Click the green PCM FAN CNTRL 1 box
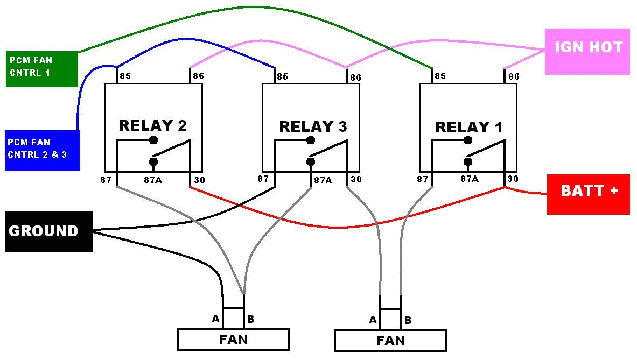point(41,68)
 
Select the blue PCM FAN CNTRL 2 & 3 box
point(42,150)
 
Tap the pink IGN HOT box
point(587,51)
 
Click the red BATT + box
point(589,194)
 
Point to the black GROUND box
point(48,231)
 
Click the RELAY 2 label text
point(152,125)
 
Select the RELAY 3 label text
point(312,127)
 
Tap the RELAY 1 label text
point(468,128)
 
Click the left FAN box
point(233,340)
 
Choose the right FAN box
point(390,341)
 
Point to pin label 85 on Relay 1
point(440,76)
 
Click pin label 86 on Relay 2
point(198,76)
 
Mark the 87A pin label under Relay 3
point(323,180)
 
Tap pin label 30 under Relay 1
point(513,179)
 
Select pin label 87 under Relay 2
point(106,179)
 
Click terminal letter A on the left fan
point(215,319)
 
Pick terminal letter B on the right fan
point(408,320)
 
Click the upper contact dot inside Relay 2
point(153,140)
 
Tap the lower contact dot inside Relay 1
point(468,161)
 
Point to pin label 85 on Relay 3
point(282,76)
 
